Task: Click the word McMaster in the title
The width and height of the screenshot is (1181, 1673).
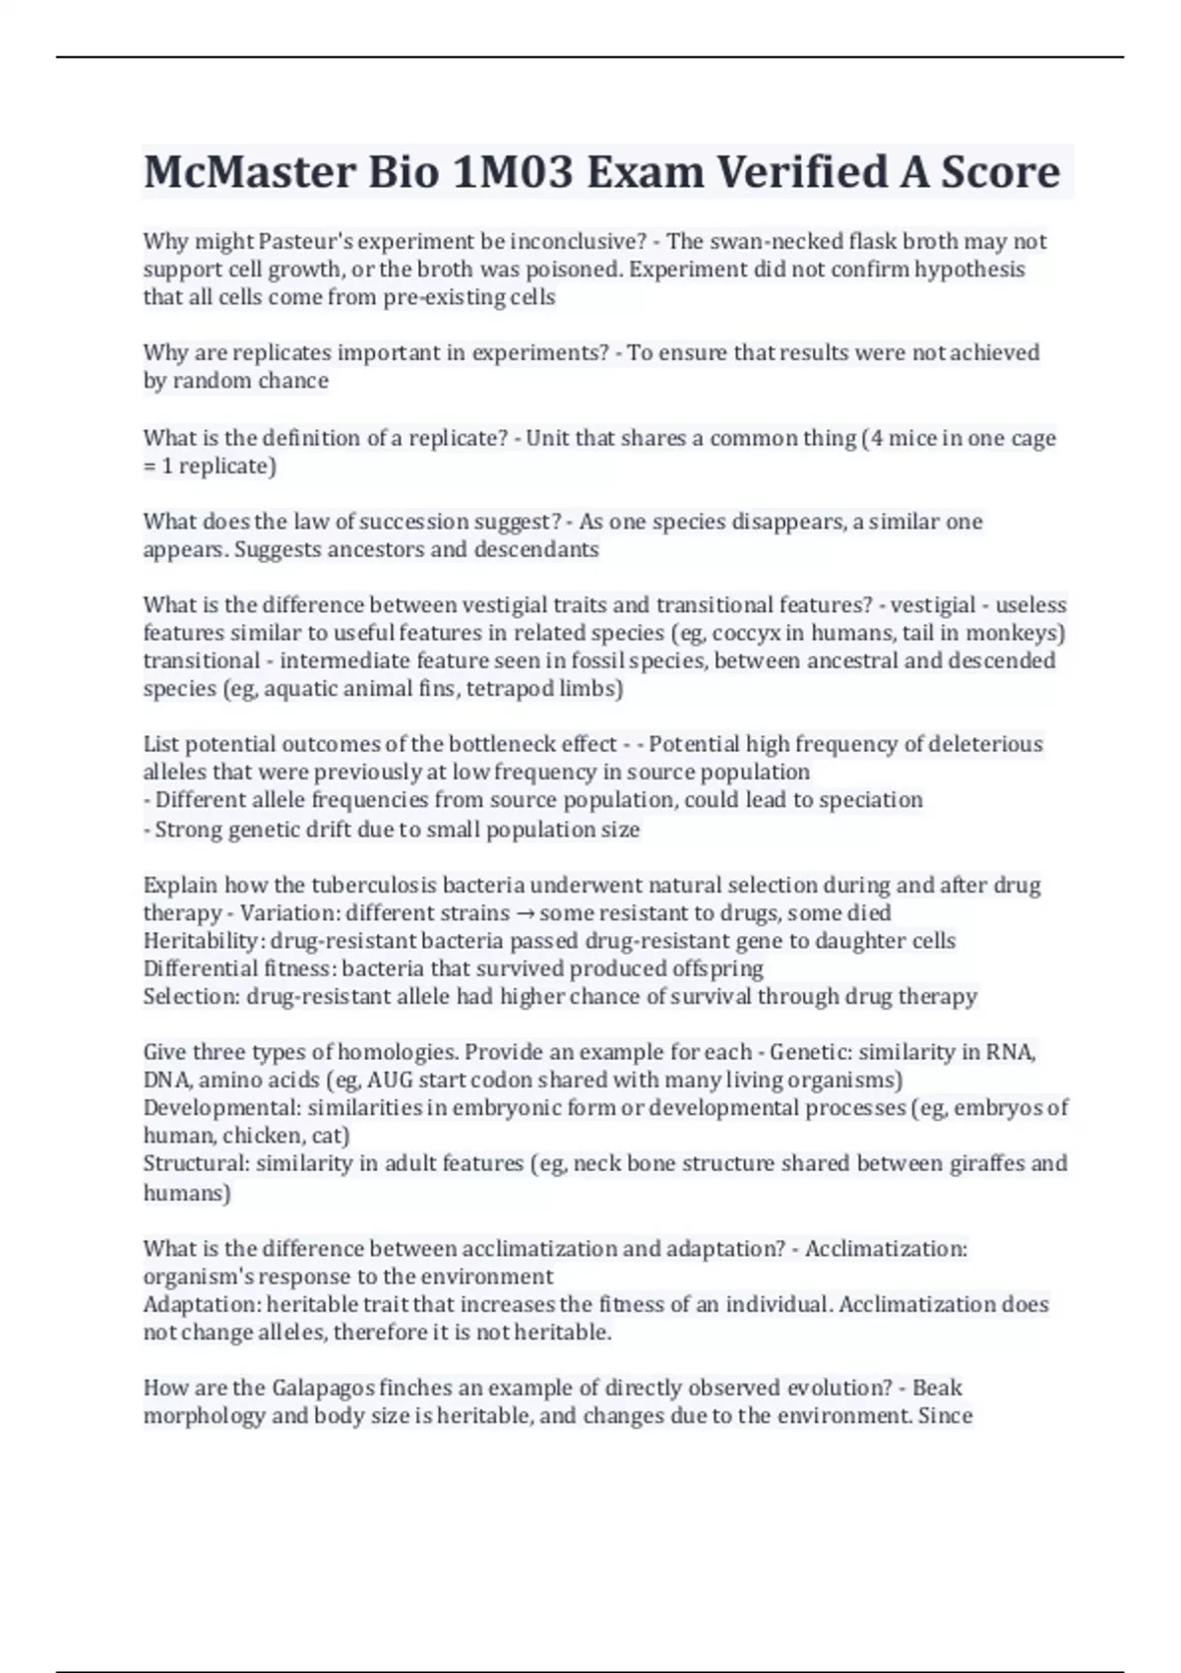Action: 249,172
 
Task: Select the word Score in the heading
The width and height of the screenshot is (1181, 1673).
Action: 1001,172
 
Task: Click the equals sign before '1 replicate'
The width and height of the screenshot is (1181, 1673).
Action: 150,465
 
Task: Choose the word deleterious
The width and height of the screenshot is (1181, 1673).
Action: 986,744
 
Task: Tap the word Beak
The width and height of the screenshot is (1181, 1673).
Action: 937,1388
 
